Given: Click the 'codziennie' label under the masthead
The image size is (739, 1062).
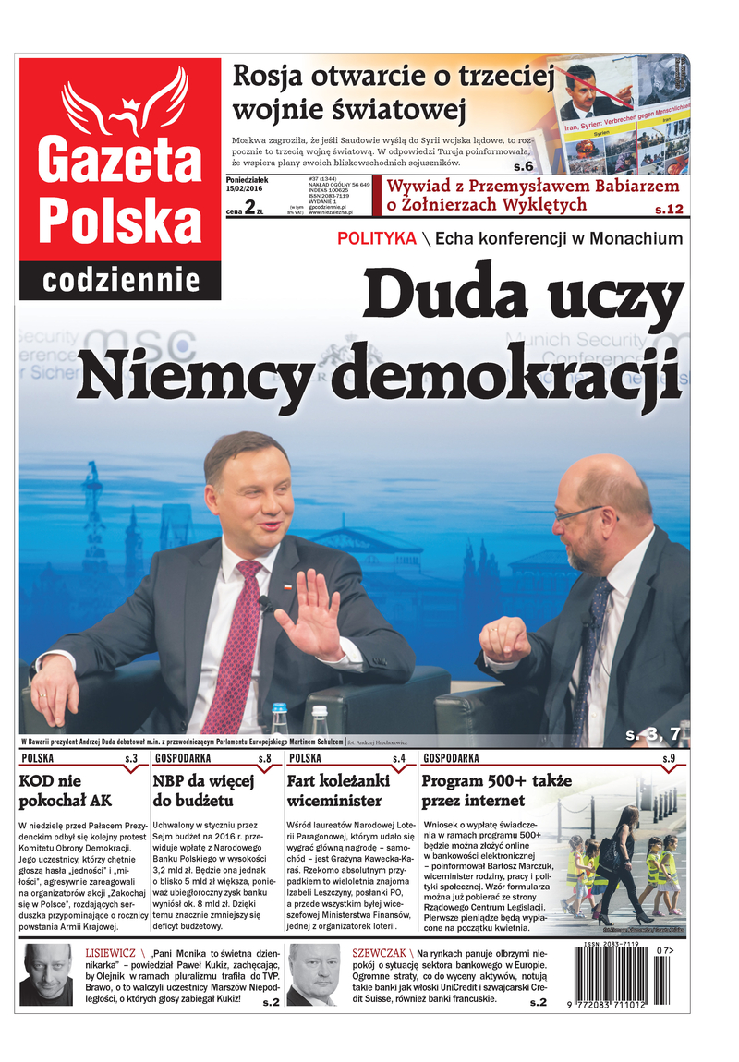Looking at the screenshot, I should (121, 280).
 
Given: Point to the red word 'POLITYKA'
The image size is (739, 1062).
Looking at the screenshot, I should (376, 239).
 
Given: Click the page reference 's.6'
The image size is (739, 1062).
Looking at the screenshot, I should (524, 166).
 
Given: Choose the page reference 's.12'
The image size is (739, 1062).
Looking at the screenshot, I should (666, 210).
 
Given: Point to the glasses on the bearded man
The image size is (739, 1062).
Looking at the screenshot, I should (577, 513).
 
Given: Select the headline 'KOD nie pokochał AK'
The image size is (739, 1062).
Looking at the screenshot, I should (69, 790).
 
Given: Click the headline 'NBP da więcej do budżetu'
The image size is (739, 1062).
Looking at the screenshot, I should (203, 790).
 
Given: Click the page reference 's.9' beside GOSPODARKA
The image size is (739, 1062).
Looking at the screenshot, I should (669, 759).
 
